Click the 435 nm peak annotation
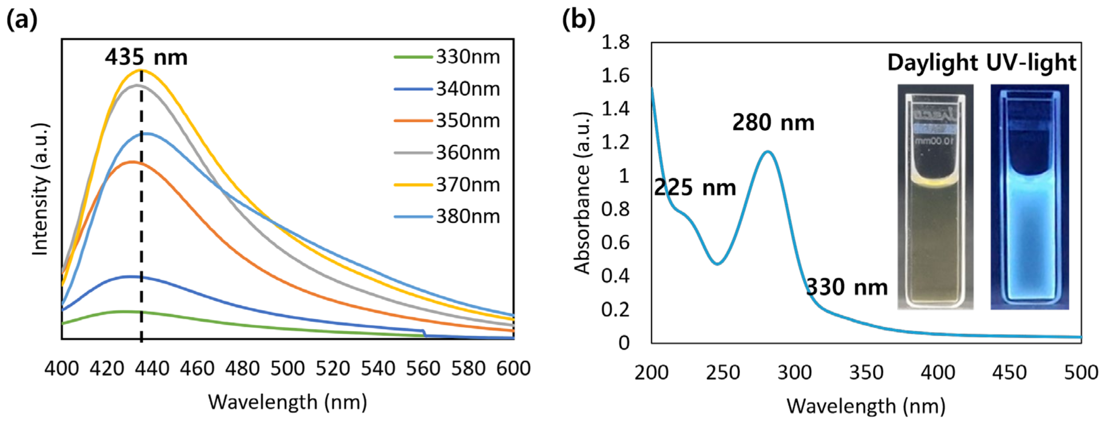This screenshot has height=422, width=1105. pos(146,57)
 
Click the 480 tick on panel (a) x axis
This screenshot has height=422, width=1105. pos(242,368)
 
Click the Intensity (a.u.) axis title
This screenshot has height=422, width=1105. pos(40,189)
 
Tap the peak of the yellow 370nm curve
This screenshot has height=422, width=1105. pos(141,70)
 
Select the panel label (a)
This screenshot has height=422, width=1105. pos(22,20)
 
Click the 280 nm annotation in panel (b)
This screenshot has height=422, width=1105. pos(773,122)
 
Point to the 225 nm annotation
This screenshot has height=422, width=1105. pos(695,187)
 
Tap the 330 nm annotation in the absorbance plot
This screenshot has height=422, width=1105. pos(847,287)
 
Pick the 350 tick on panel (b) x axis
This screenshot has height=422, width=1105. pos(866,372)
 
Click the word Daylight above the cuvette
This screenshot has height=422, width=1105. pos(932,63)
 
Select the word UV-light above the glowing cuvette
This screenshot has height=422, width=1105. pos(1031,63)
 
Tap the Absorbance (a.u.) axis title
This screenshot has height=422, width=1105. pos(582,193)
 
